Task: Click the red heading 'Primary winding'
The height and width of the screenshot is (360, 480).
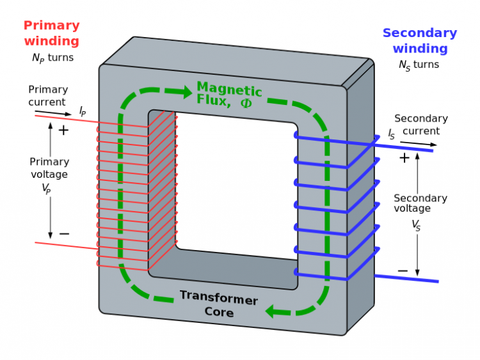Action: tap(51, 33)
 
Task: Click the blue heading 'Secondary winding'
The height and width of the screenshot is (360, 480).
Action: tap(419, 40)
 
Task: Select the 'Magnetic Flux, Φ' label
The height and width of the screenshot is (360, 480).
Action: tap(229, 95)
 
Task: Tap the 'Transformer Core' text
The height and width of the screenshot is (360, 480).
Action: tap(218, 304)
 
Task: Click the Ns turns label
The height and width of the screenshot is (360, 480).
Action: tap(419, 65)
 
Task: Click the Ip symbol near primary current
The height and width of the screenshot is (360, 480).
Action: tap(83, 111)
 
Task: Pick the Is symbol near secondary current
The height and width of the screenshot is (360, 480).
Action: tap(391, 134)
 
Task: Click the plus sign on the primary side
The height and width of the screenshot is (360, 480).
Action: tap(63, 130)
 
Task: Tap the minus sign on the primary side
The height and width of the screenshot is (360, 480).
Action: tap(64, 234)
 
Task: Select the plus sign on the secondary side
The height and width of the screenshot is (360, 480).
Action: tap(404, 158)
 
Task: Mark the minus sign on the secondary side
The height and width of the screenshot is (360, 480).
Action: tap(403, 271)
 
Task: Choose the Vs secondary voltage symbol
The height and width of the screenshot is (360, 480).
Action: tap(416, 225)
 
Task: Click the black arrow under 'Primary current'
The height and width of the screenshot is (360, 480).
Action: tap(54, 113)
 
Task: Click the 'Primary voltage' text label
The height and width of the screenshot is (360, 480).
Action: tap(48, 168)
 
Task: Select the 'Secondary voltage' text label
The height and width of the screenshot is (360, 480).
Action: tap(420, 203)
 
